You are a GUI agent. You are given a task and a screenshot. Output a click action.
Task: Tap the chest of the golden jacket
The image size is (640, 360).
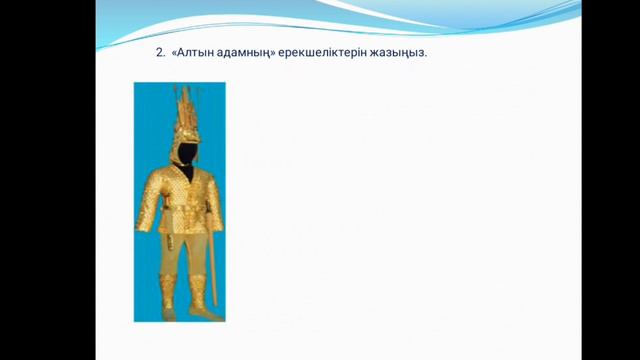tap(183, 190)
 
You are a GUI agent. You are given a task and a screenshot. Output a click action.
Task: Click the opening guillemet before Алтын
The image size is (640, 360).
tap(174, 53)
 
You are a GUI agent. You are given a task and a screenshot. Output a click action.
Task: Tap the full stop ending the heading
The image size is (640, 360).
tap(425, 55)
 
